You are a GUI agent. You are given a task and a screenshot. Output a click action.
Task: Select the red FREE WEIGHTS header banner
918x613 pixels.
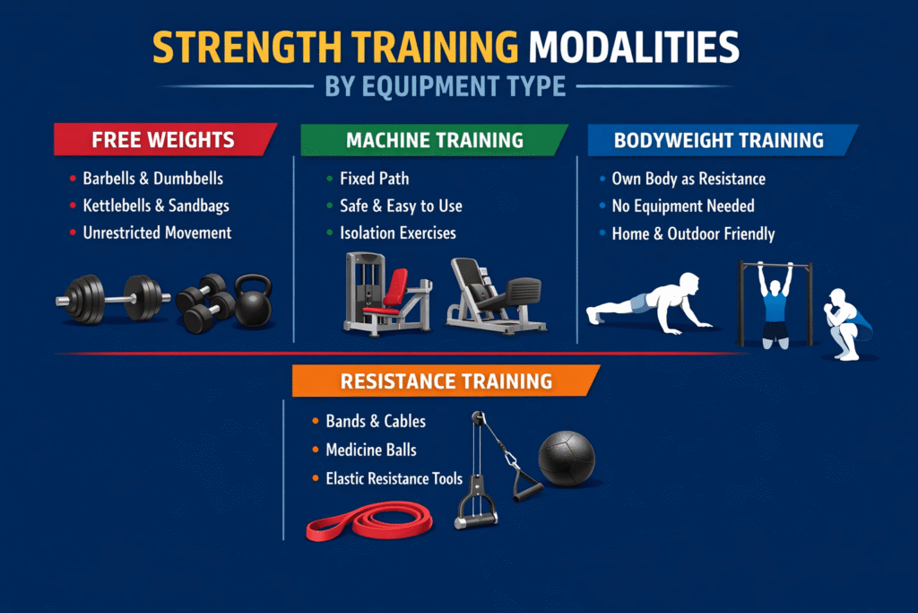coord(163,140)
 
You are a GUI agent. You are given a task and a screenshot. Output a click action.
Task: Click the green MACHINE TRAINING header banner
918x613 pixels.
coord(434,140)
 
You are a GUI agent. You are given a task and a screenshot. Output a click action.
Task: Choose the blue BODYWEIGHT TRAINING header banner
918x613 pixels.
coord(718,140)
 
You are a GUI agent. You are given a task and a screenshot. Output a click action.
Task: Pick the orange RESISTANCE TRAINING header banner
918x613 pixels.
coord(446,381)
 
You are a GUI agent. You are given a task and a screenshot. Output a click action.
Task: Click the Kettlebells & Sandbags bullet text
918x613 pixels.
coord(156,206)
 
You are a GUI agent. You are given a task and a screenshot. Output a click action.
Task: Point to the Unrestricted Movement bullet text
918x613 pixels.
coord(157,232)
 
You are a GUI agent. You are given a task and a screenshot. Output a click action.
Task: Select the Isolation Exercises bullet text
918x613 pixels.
coord(397,232)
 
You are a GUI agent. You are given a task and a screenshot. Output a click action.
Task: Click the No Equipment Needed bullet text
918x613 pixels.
coord(682,206)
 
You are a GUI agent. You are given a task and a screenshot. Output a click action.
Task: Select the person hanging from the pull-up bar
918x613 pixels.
coord(775,305)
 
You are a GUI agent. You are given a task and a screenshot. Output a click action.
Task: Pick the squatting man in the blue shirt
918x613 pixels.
coord(848,323)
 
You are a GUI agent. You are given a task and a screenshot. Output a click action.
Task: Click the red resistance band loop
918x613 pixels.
coord(368,521)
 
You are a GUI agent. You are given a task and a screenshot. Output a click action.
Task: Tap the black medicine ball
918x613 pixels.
coord(566,458)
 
